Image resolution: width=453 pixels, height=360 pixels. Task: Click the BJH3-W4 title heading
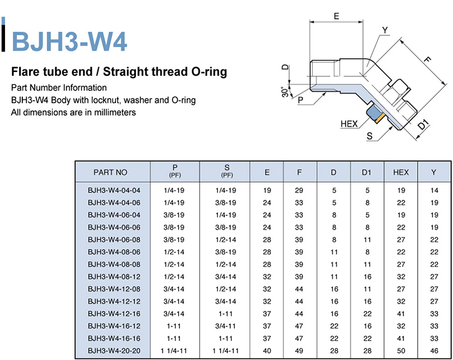click(x=70, y=42)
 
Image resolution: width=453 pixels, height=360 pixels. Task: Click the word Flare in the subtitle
click(x=24, y=71)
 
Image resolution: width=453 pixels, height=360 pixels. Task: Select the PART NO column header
click(x=110, y=172)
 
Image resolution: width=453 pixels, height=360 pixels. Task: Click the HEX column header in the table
click(x=401, y=172)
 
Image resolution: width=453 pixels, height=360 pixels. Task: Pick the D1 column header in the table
click(x=366, y=172)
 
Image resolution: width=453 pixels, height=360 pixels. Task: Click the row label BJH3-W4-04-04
click(x=114, y=191)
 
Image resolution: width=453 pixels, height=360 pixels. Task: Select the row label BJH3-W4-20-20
click(x=114, y=351)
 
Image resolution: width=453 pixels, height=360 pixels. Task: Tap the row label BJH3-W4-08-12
click(x=114, y=277)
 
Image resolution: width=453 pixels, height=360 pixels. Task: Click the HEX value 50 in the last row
click(x=401, y=351)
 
